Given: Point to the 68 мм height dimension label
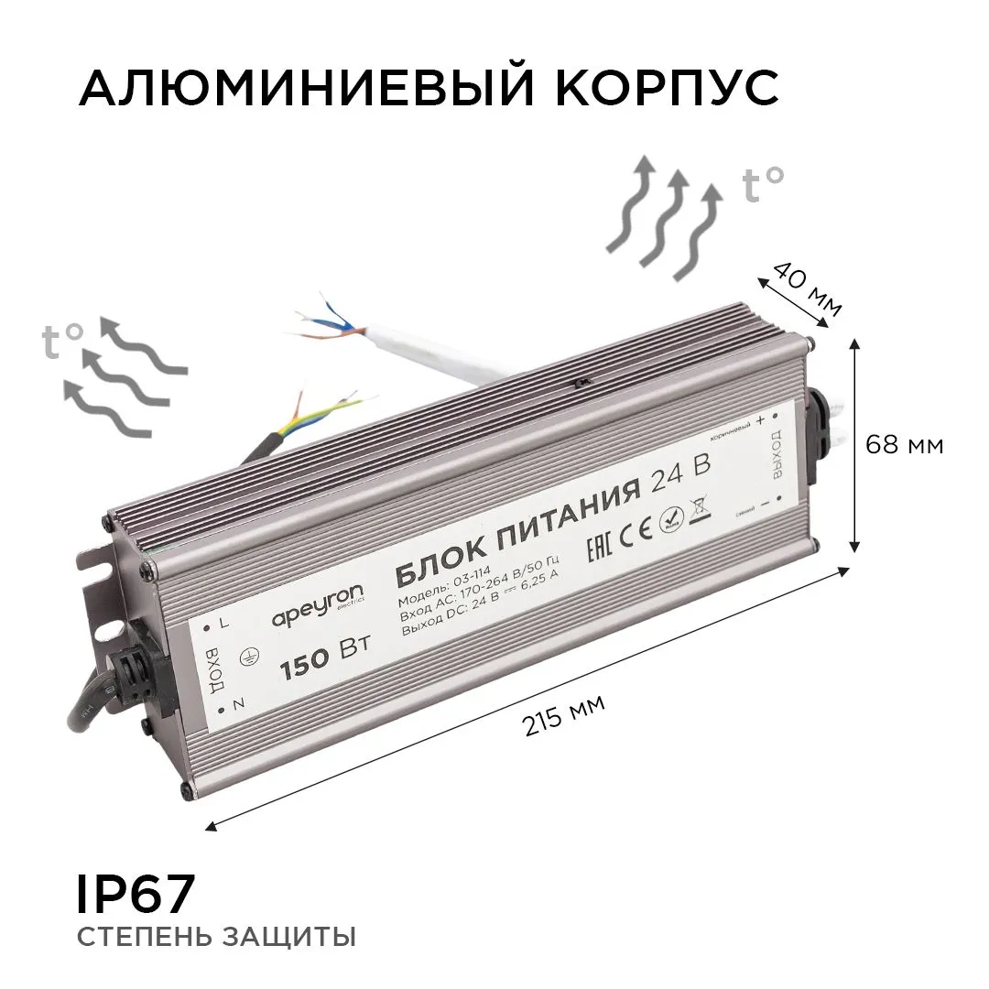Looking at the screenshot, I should (905, 446).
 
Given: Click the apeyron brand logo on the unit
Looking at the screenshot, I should (318, 607).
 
